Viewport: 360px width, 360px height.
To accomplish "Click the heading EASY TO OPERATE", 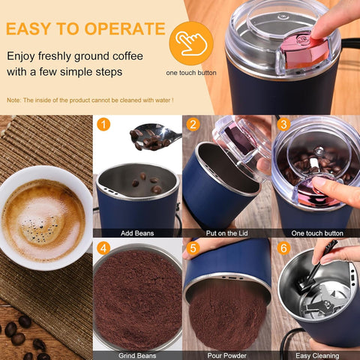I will click(x=85, y=29).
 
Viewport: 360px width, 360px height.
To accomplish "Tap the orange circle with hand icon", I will click(x=190, y=43).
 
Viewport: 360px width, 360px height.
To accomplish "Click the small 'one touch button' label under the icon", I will click(x=190, y=73).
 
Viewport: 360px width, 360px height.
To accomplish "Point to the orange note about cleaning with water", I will click(x=90, y=100).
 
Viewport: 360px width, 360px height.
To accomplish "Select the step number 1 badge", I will click(x=103, y=124).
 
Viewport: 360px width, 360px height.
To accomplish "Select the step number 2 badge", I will click(x=193, y=124).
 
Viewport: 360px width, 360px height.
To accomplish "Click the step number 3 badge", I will click(x=282, y=124).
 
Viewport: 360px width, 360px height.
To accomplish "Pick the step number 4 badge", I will click(x=103, y=248).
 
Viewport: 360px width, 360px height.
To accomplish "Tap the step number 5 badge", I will click(x=193, y=248).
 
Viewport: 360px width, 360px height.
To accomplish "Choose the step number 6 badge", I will click(x=282, y=248).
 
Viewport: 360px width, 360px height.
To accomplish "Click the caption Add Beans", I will click(x=136, y=233).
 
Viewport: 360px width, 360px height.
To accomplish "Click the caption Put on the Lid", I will click(x=226, y=233).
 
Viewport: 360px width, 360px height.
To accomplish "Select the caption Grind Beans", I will click(x=136, y=355).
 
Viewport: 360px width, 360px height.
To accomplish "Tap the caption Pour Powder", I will click(x=226, y=355).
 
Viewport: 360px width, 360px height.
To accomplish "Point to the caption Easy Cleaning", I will click(x=315, y=355).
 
